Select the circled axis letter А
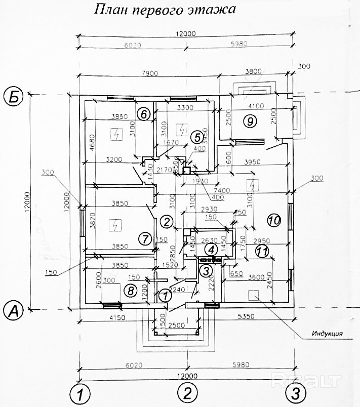point(13,309)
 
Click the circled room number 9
point(249,120)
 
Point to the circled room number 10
point(273,220)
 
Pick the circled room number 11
point(261,250)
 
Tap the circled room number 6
point(143,114)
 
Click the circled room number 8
point(131,290)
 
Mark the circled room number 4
point(212,249)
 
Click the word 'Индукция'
point(325,334)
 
